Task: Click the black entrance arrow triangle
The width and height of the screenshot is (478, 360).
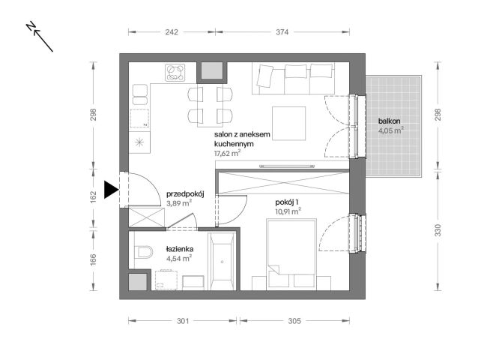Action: pyautogui.click(x=110, y=190)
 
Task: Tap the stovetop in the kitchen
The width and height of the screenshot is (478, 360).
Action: pyautogui.click(x=175, y=73)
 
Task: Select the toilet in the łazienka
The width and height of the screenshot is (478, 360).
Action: pyautogui.click(x=143, y=252)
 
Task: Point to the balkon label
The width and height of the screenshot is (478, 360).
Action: pyautogui.click(x=389, y=121)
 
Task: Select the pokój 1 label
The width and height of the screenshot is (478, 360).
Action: pyautogui.click(x=287, y=202)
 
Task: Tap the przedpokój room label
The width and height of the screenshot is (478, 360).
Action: pyautogui.click(x=185, y=194)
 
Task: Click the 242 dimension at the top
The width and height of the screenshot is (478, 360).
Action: pyautogui.click(x=172, y=31)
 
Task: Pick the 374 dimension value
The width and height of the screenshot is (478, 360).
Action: pyautogui.click(x=282, y=31)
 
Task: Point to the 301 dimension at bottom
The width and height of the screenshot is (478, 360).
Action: pyautogui.click(x=183, y=321)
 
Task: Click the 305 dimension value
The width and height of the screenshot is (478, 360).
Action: pyautogui.click(x=294, y=321)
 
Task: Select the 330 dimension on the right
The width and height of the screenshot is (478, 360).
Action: pyautogui.click(x=438, y=230)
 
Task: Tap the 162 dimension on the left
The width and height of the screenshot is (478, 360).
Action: pyautogui.click(x=94, y=196)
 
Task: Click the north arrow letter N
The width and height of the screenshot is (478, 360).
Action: pyautogui.click(x=31, y=26)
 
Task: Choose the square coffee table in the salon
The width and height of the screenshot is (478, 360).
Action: pyautogui.click(x=289, y=123)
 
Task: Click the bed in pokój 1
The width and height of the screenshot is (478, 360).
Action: pyautogui.click(x=291, y=253)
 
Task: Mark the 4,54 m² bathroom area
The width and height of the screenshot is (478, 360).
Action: pyautogui.click(x=179, y=259)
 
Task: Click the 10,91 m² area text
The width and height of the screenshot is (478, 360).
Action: pyautogui.click(x=288, y=211)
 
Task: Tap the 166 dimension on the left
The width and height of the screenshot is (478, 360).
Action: pyautogui.click(x=94, y=259)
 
